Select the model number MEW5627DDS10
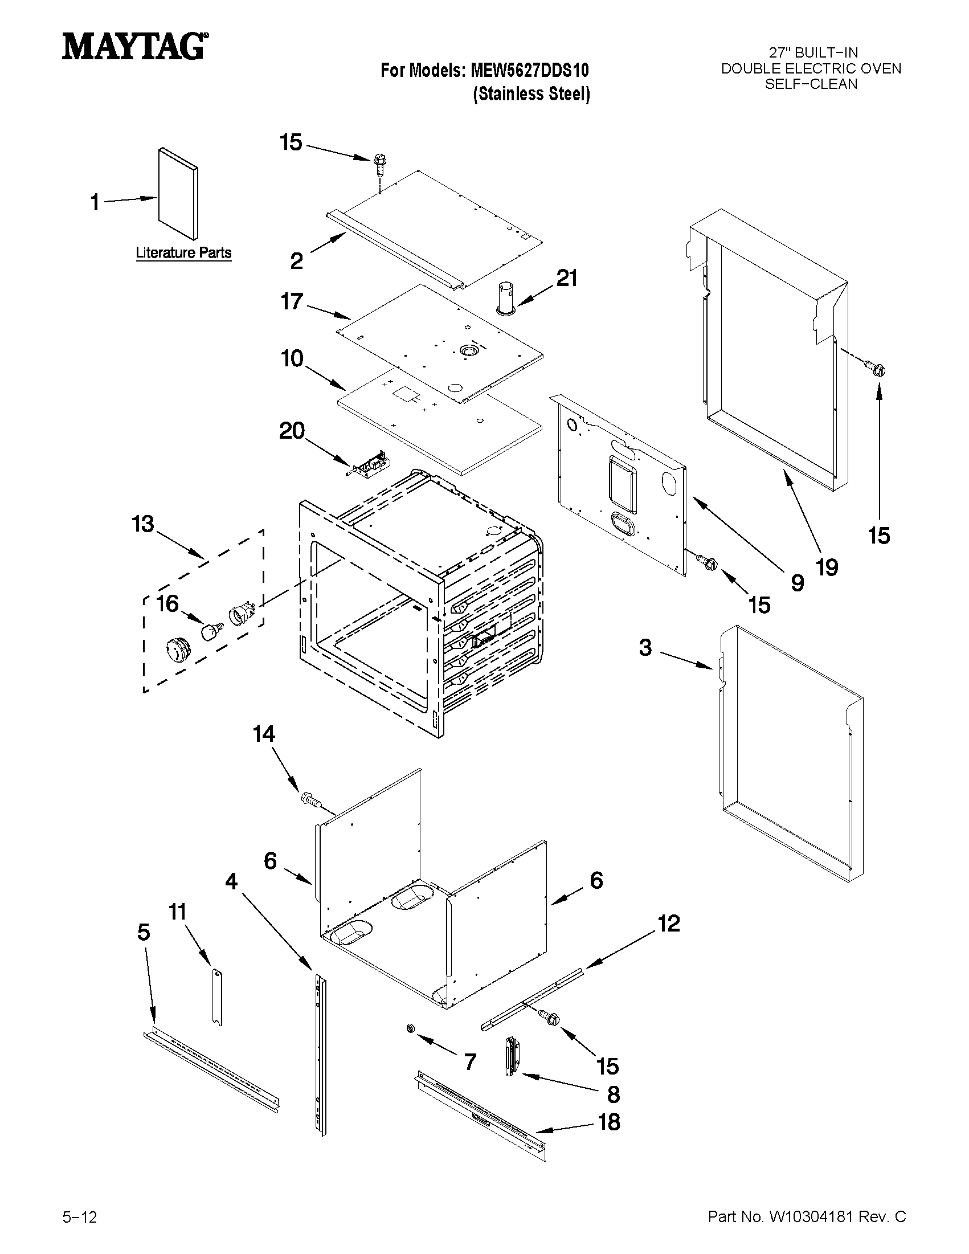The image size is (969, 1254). coord(529,71)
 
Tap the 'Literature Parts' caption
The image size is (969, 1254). coord(183,252)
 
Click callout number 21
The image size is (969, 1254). coord(567,279)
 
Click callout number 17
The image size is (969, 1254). coord(292,301)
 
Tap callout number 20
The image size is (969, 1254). coord(292,431)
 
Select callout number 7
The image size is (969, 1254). coord(470,1061)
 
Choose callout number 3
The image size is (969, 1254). coord(645,648)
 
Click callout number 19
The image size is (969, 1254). coord(827,567)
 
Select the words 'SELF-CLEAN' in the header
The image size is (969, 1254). coord(811,84)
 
